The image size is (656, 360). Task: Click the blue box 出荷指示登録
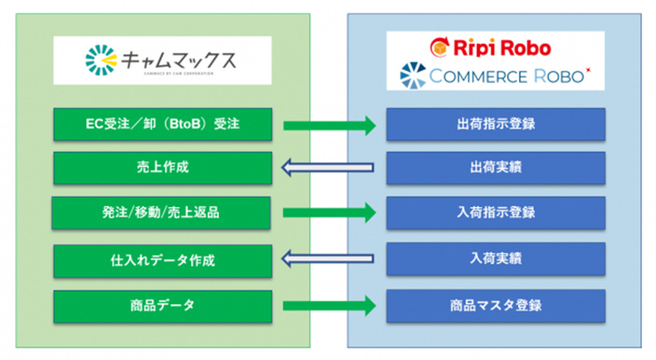495,125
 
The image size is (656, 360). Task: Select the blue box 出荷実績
495,168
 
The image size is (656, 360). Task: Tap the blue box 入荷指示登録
495,213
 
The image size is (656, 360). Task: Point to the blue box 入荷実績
495,259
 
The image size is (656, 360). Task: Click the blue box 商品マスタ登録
495,305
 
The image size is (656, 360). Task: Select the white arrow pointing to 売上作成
327,168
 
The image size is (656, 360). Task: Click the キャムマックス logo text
178,60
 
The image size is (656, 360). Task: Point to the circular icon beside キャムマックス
100,60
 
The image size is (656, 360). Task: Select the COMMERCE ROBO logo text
506,76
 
